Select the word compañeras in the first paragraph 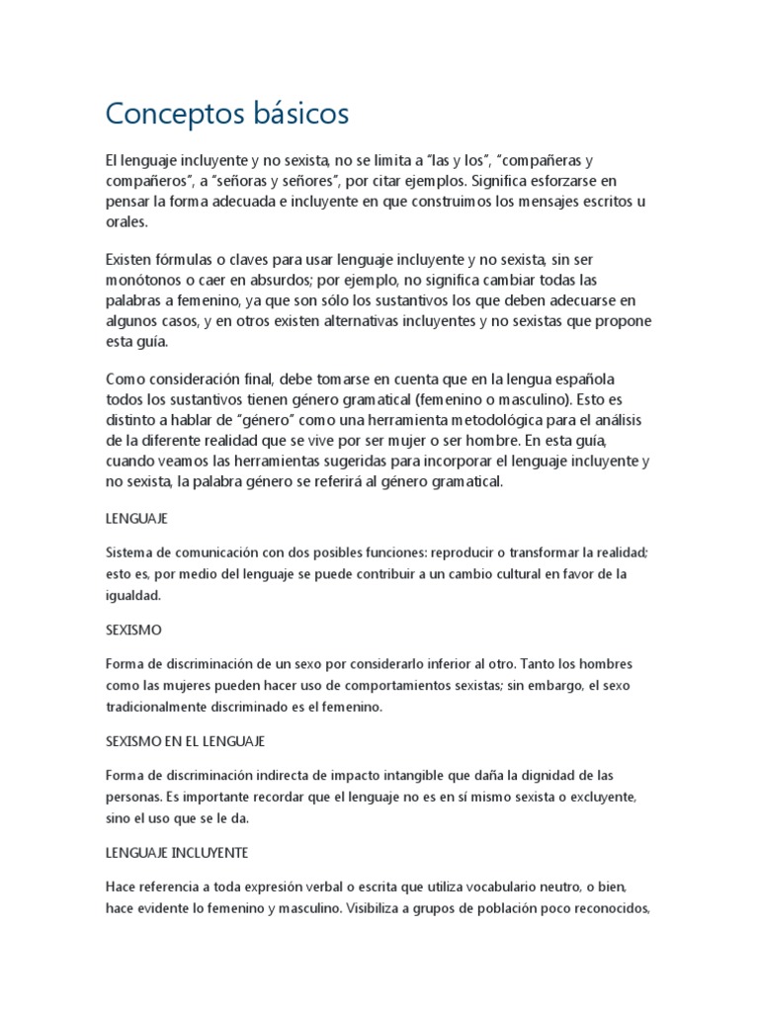coord(539,160)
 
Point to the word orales coord(126,222)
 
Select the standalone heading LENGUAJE coord(136,518)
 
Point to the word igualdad coord(132,595)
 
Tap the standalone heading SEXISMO coord(133,629)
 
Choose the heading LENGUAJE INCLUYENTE coord(176,851)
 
